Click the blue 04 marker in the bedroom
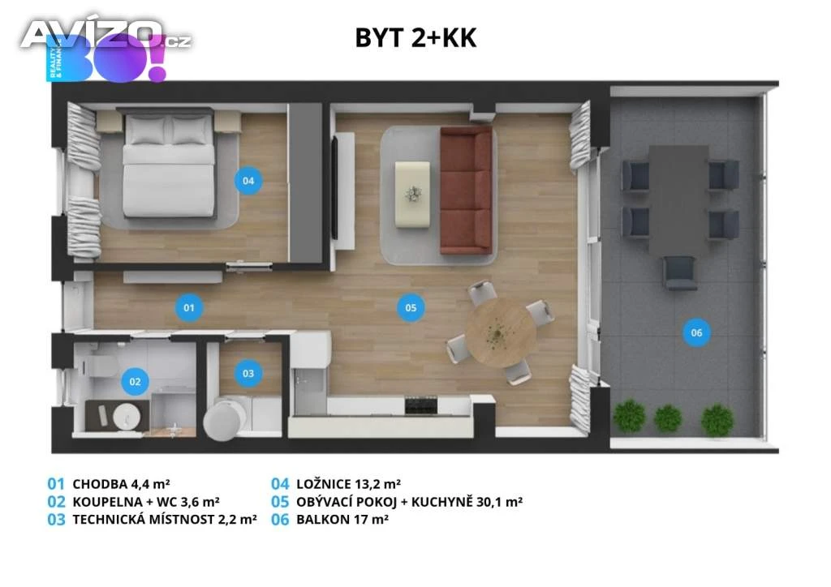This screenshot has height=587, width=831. point(248,181)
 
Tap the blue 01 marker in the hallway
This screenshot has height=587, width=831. point(188,307)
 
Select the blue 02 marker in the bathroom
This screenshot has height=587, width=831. point(135,382)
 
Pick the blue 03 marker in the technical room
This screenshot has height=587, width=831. point(248,373)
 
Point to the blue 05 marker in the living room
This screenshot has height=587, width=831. point(411,307)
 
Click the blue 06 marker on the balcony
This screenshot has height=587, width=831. point(696,332)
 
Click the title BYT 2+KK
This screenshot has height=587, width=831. point(416,38)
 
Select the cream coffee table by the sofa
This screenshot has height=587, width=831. point(412,195)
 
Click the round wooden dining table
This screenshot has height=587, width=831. point(500,333)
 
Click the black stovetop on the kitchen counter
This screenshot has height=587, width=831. point(421,405)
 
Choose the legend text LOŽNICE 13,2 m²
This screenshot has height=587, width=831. point(348,484)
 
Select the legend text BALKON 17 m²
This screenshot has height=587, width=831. point(342,519)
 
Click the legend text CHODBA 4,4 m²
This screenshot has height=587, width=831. point(121,484)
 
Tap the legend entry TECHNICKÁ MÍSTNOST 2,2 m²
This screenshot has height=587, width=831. point(165,519)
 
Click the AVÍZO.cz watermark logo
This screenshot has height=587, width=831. point(106,35)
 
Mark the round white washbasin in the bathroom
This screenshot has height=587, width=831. point(127,416)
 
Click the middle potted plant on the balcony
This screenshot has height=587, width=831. point(668,418)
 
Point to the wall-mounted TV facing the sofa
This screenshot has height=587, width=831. point(334,189)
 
